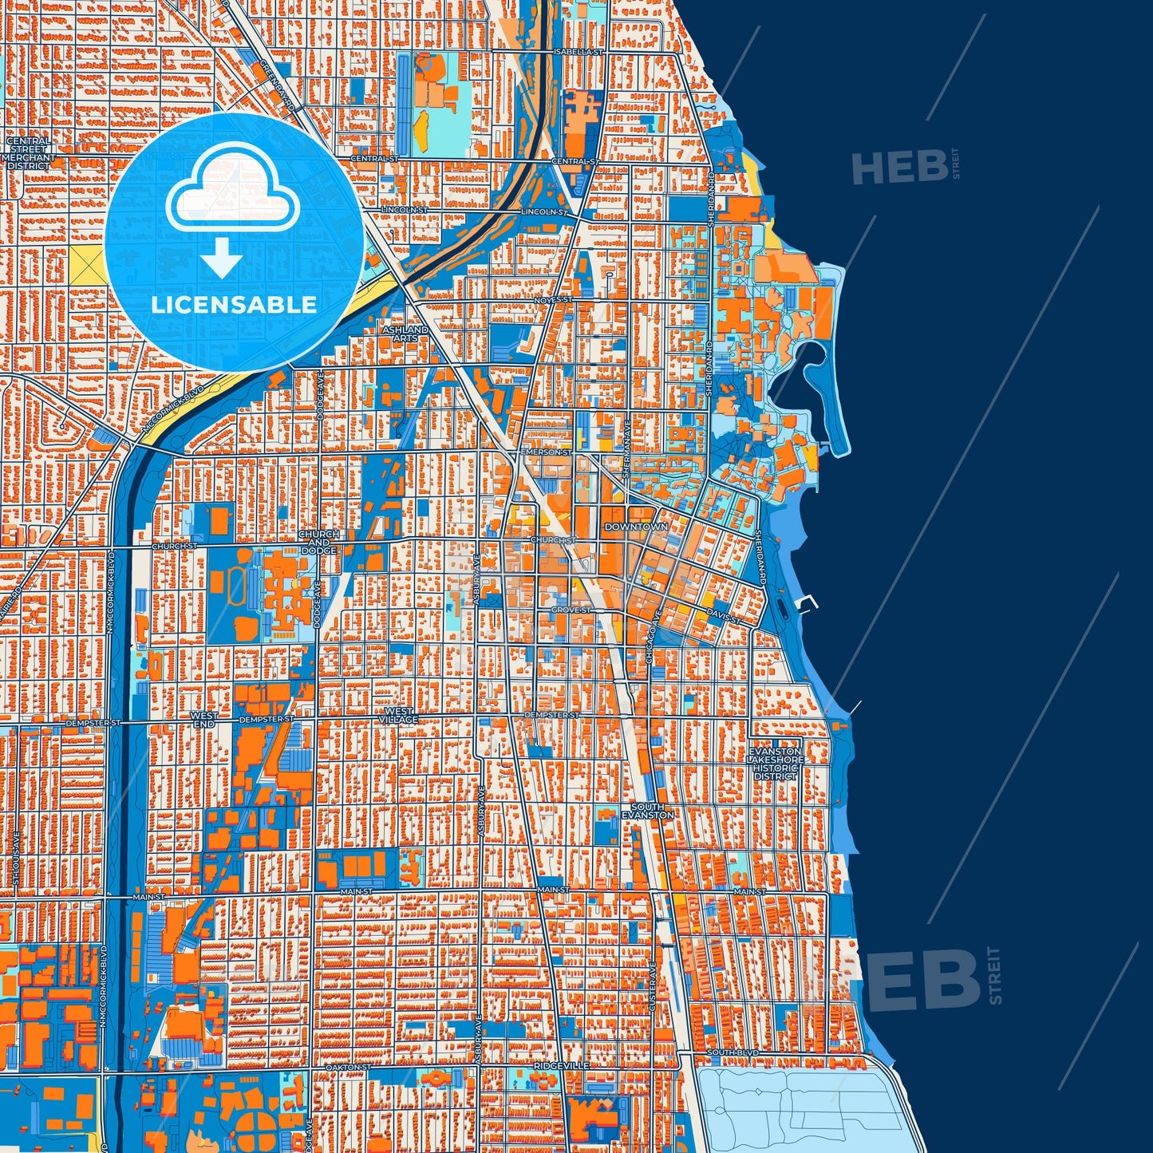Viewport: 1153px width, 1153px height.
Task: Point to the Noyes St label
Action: pyautogui.click(x=554, y=299)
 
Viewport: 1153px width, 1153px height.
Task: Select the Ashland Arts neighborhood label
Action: pyautogui.click(x=405, y=334)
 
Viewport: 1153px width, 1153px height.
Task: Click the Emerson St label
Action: pyautogui.click(x=546, y=452)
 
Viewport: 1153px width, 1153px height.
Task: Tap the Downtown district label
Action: pyautogui.click(x=635, y=527)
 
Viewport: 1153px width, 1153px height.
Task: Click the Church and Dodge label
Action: pyautogui.click(x=319, y=542)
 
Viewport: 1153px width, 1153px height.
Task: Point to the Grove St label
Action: pyautogui.click(x=571, y=610)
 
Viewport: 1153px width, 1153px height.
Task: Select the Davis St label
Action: pyautogui.click(x=723, y=617)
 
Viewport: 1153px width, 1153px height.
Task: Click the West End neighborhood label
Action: pyautogui.click(x=203, y=720)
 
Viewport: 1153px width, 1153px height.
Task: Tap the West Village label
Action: pyautogui.click(x=398, y=715)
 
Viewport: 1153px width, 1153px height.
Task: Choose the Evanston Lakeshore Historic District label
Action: pyautogui.click(x=776, y=764)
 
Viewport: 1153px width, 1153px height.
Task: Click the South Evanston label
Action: pyautogui.click(x=648, y=811)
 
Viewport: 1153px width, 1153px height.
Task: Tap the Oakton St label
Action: pyautogui.click(x=349, y=1067)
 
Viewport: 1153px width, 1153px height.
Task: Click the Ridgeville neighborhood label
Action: pyautogui.click(x=562, y=1065)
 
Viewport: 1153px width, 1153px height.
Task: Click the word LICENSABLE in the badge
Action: pyautogui.click(x=234, y=304)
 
